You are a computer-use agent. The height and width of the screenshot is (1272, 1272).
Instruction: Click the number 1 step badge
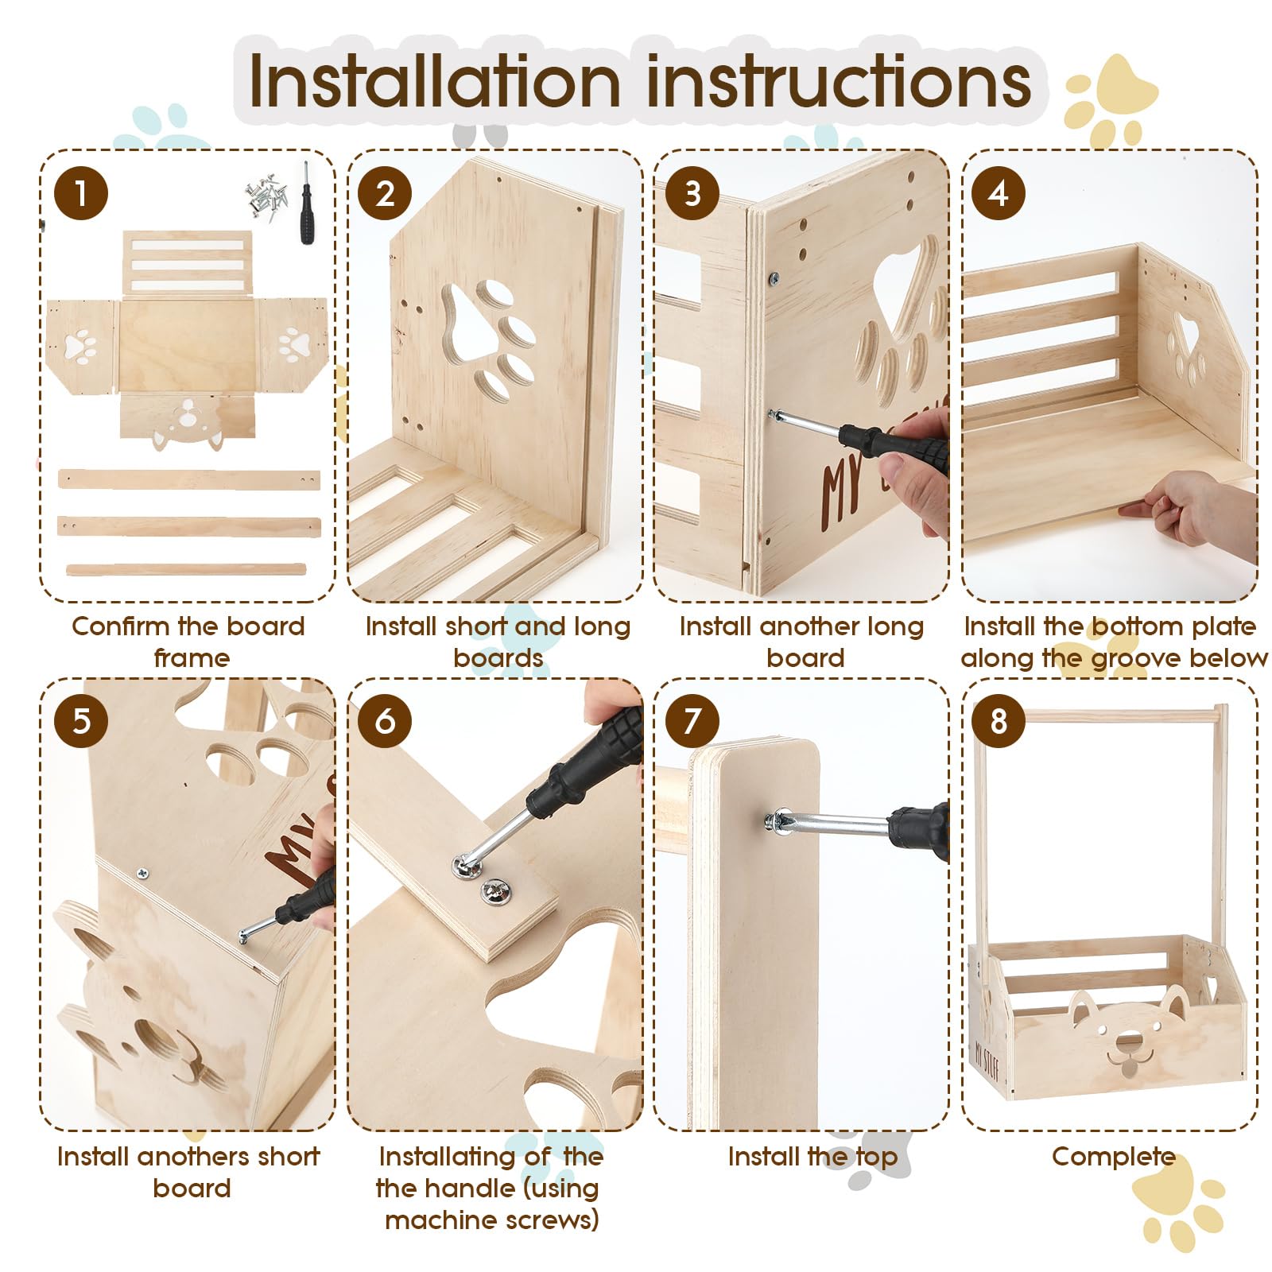click(x=81, y=193)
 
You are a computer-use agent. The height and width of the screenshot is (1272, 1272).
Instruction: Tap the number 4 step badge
click(x=999, y=193)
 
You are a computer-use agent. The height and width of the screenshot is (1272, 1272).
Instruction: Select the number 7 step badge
click(x=692, y=721)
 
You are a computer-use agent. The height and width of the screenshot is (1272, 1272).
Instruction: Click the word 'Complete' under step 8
click(x=1113, y=1157)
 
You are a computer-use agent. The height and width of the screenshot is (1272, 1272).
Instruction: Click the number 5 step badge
click(x=81, y=721)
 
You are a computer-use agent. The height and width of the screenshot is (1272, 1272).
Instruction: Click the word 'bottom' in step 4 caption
click(x=1144, y=626)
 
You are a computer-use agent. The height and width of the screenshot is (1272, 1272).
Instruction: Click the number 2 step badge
click(x=385, y=193)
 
